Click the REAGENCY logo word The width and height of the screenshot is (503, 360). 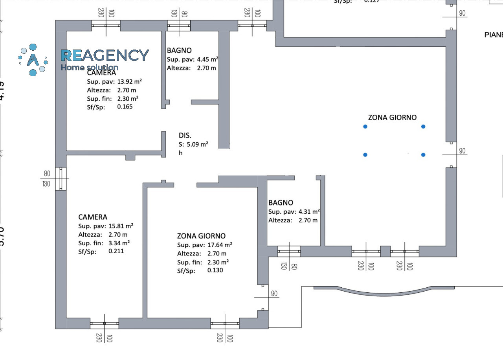105,55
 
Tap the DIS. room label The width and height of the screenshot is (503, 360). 185,136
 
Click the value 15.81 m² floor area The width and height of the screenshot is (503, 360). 121,226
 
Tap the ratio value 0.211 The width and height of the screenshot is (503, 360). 116,251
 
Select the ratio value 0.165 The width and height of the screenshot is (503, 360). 125,107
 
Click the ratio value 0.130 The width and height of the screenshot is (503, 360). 215,270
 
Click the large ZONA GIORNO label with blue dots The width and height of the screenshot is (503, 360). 392,118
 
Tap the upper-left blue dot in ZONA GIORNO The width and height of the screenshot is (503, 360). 365,127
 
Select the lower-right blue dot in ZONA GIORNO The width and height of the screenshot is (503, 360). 423,155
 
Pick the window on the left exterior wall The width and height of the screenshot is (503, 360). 61,179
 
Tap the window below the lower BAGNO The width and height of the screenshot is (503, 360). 289,252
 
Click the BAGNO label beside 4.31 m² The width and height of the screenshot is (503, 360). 281,203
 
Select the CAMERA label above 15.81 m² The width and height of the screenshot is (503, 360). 93,217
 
